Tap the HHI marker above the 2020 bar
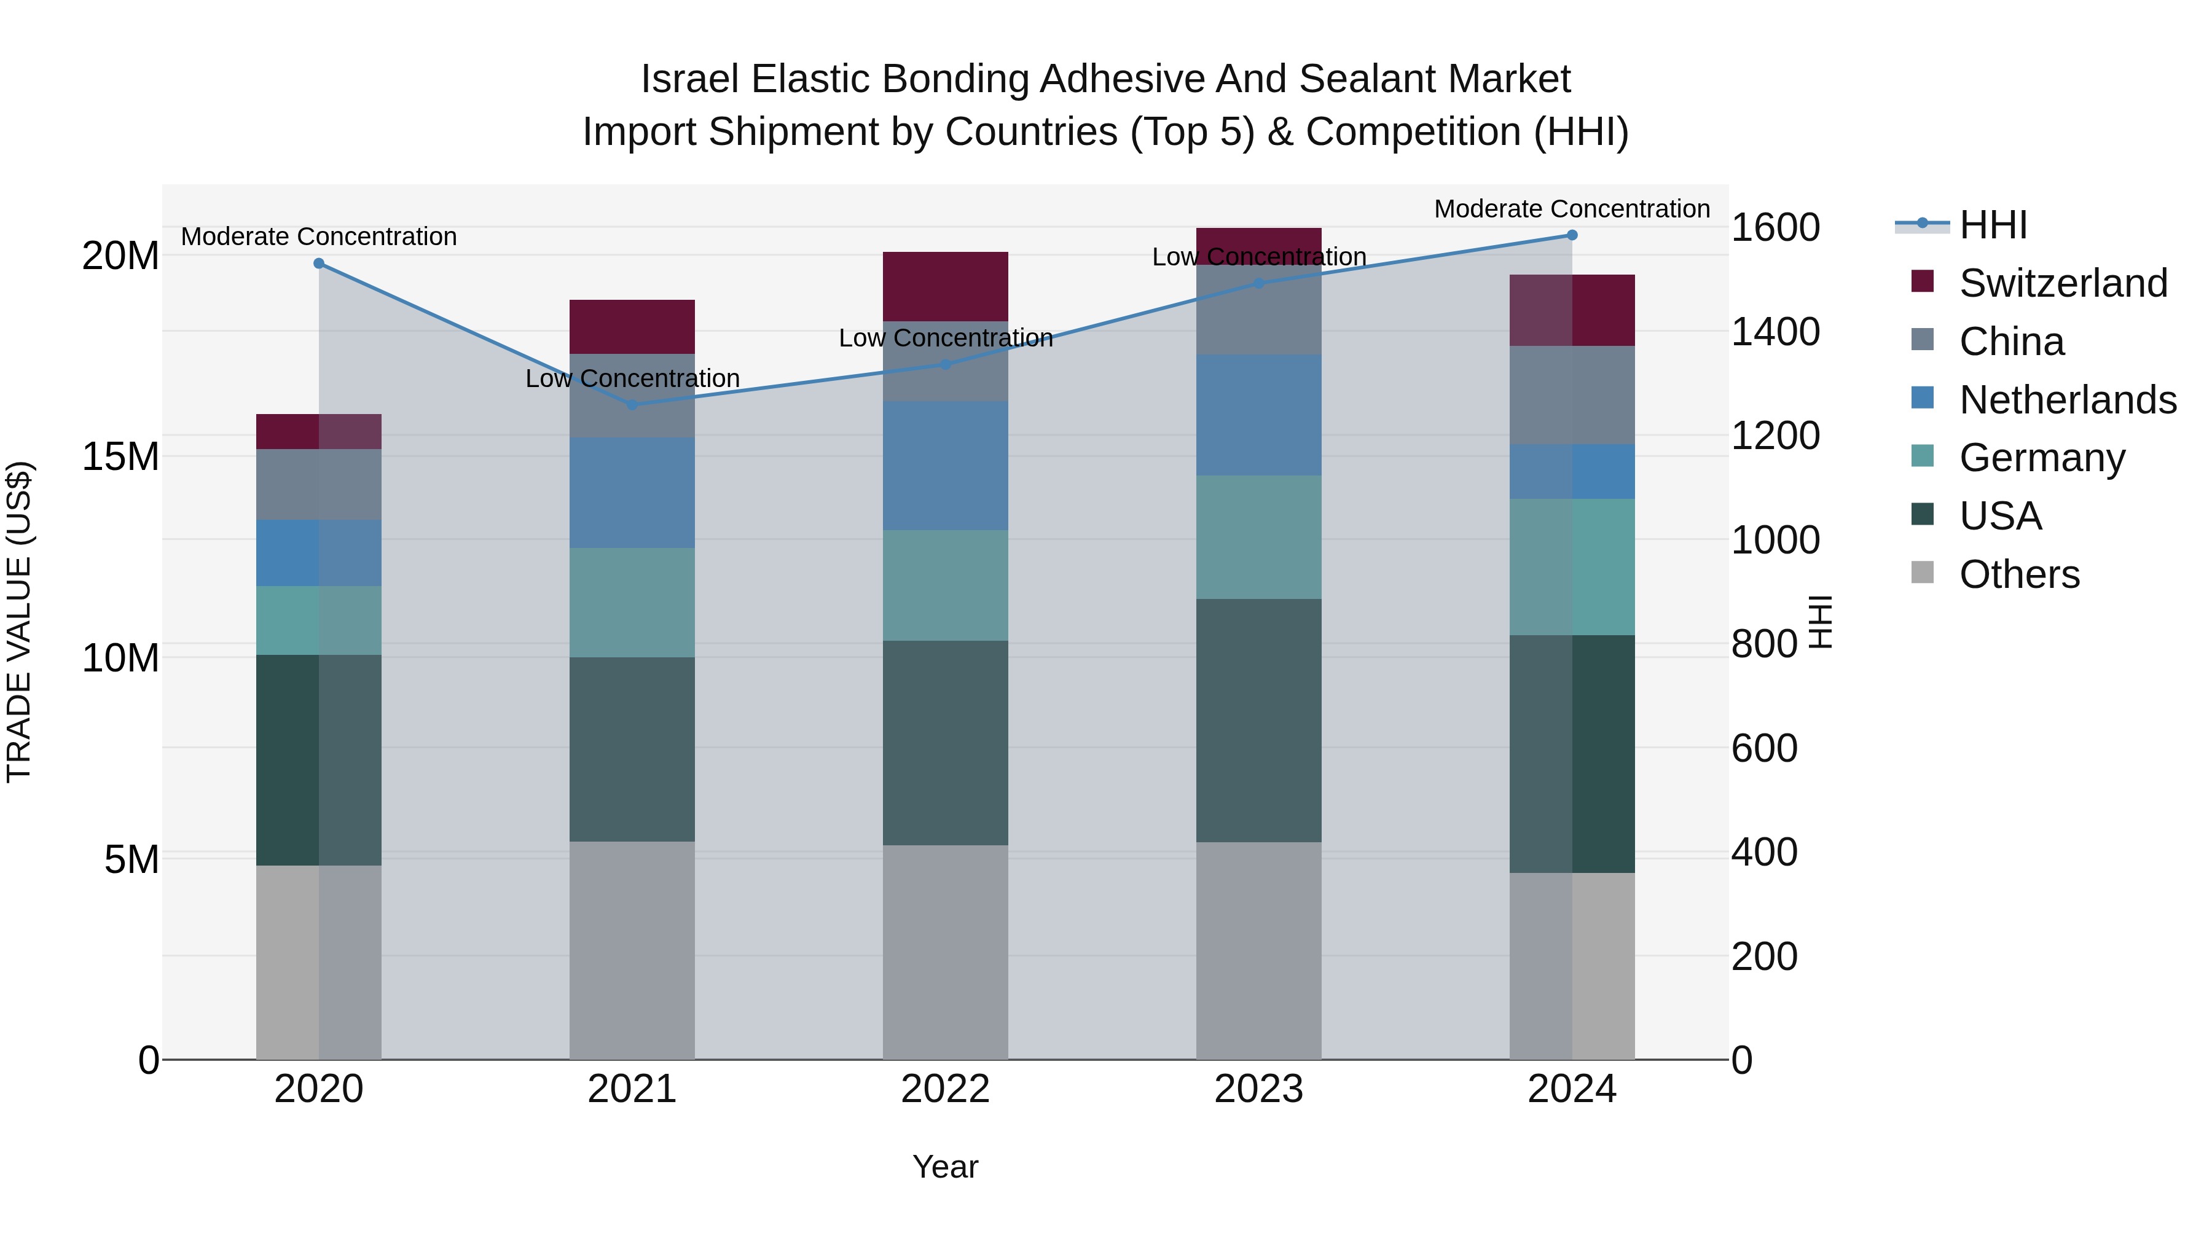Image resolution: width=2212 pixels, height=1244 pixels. pos(318,264)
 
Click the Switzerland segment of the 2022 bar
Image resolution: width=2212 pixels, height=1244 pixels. pos(946,287)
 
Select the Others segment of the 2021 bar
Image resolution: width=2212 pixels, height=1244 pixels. pos(632,950)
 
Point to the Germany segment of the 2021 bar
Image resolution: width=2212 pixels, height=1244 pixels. pos(632,603)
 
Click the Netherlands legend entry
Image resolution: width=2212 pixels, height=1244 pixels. pos(2067,400)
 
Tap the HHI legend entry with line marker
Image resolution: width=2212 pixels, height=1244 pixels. pos(1992,225)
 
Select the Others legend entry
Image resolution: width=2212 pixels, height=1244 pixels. pos(2019,574)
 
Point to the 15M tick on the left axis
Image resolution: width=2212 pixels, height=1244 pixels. pos(120,456)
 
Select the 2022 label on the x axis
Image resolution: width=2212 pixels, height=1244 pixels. pos(946,1089)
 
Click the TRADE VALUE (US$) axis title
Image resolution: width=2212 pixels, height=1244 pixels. pos(19,622)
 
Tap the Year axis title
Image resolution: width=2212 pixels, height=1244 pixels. pos(946,1167)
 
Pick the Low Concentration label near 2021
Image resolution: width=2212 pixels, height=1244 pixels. pos(632,378)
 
